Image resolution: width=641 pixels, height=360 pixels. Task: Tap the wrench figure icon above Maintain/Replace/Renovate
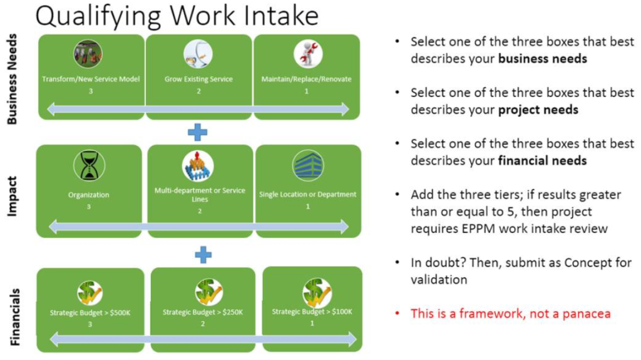[x=307, y=54]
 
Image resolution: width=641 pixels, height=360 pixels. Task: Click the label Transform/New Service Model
[x=91, y=80]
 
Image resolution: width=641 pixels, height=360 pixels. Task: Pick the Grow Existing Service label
[x=198, y=80]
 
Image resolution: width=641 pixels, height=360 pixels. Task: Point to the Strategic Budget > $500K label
[x=90, y=312]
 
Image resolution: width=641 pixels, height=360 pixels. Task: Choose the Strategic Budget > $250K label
[x=203, y=312]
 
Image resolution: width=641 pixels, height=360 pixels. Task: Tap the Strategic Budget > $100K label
[x=312, y=311]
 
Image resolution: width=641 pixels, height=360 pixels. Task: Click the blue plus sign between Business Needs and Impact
[x=197, y=132]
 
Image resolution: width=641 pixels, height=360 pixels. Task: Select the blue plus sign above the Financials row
[x=203, y=254]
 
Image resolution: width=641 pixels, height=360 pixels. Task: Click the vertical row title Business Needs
[x=13, y=79]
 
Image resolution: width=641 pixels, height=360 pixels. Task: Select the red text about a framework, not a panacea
[x=510, y=313]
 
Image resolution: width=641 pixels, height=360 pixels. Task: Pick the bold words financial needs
[x=542, y=160]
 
